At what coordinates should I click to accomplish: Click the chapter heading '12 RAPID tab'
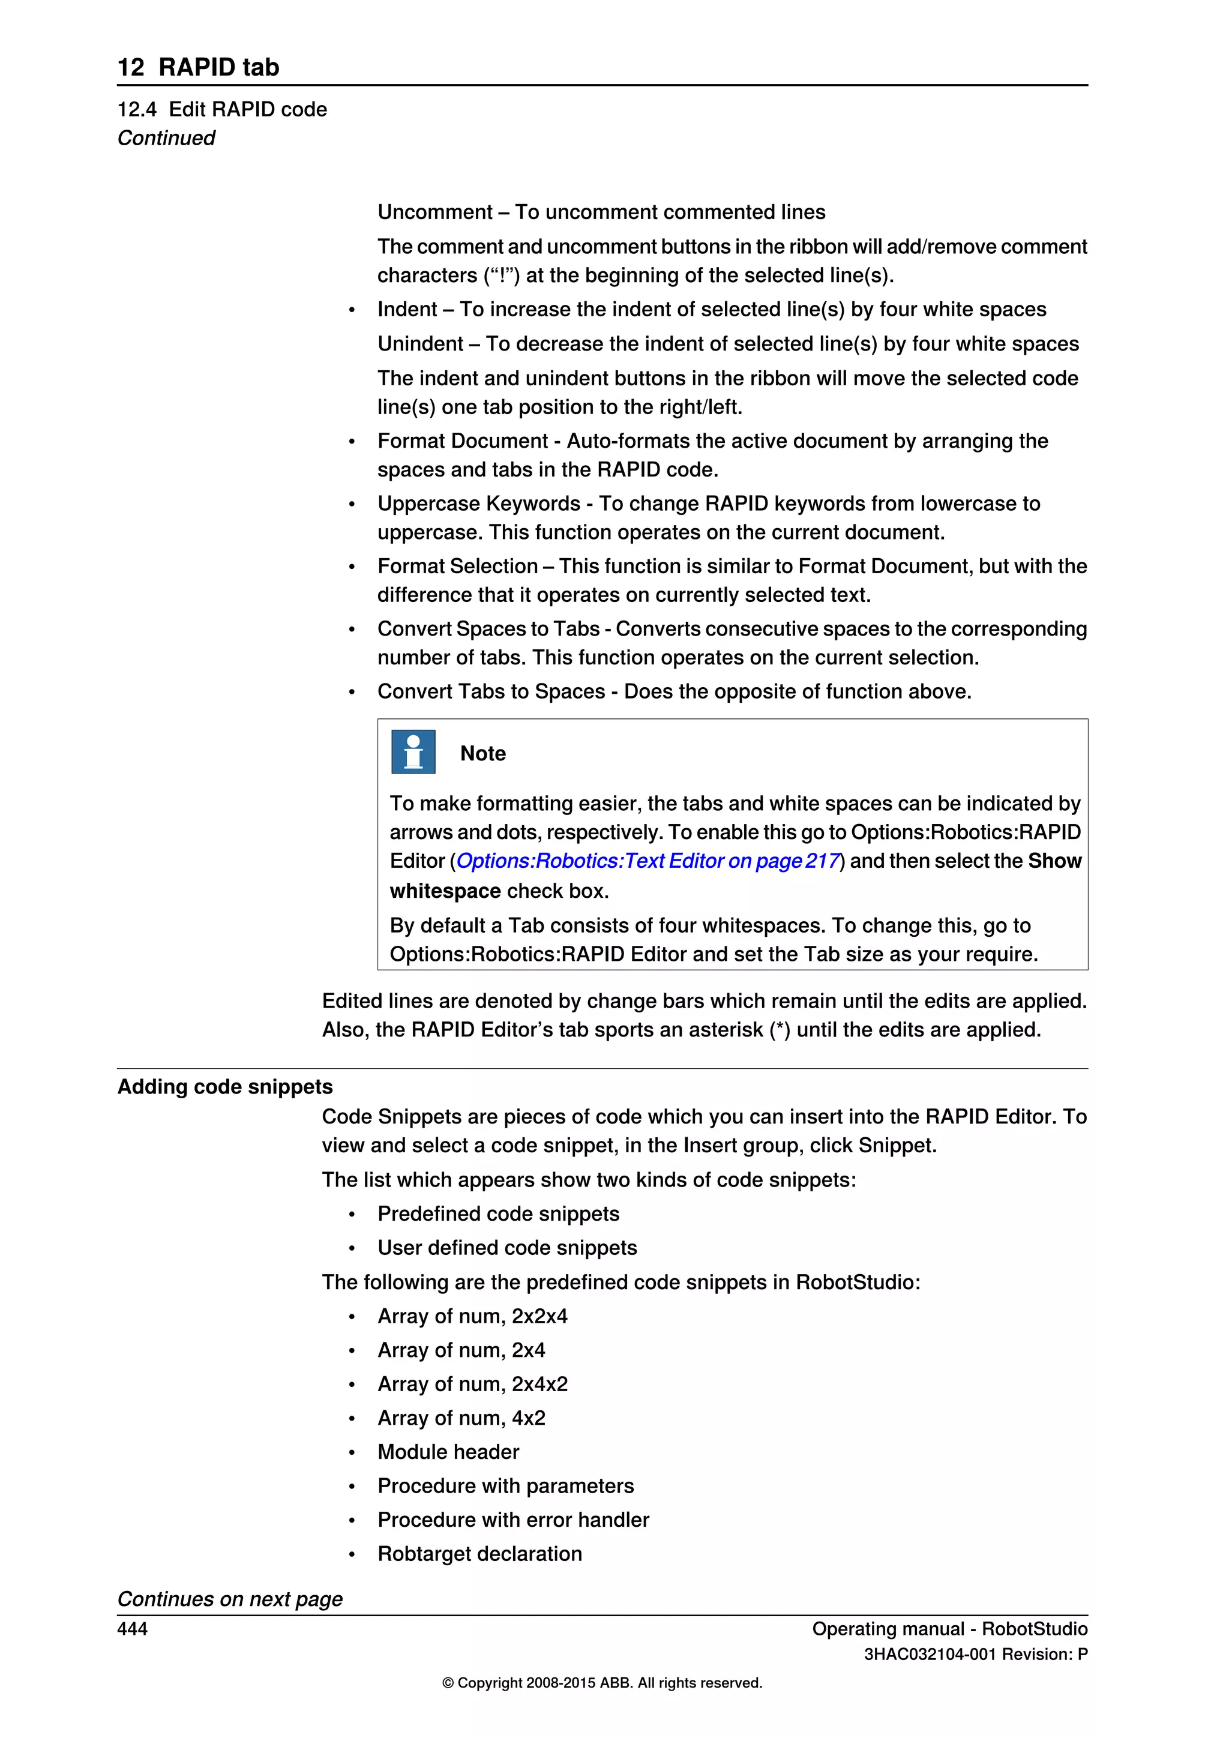198,67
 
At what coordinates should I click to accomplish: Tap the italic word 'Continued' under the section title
166,139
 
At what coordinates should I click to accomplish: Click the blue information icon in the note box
413,751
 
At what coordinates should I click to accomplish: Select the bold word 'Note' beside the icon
483,754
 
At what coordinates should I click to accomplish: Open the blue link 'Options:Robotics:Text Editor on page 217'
648,861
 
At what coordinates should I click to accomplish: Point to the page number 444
133,1629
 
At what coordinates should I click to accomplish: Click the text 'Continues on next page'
229,1599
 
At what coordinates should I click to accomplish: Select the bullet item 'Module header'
448,1452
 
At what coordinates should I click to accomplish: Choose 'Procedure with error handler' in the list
513,1520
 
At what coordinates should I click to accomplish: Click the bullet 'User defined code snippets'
507,1248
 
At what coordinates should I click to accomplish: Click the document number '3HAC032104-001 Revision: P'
976,1655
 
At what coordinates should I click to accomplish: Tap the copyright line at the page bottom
602,1683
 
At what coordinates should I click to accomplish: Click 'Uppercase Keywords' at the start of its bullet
478,504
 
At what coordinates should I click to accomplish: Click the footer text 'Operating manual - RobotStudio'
950,1629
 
